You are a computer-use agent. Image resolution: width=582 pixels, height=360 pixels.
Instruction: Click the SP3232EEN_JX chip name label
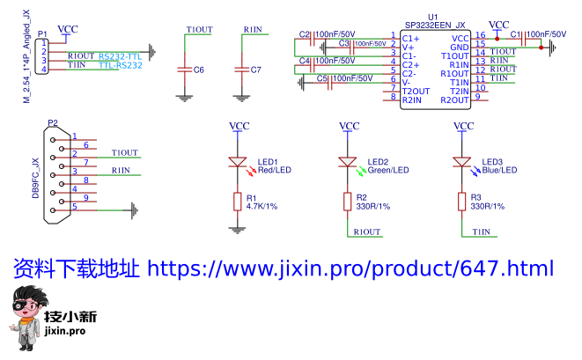click(434, 26)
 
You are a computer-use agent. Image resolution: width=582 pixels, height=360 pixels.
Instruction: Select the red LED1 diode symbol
click(236, 162)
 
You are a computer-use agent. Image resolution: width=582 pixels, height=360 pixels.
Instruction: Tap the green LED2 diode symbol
click(349, 162)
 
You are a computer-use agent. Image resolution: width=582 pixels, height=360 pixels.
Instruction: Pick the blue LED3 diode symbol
click(461, 162)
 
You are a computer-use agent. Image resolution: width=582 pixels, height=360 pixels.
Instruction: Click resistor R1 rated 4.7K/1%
click(236, 202)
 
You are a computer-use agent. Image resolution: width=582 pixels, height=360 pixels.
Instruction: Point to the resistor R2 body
click(349, 202)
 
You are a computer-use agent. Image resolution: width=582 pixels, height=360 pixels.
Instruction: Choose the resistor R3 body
click(461, 202)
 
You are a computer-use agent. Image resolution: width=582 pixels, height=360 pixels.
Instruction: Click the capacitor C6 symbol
click(184, 69)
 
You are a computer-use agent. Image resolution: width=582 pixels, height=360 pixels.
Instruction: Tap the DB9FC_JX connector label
click(36, 176)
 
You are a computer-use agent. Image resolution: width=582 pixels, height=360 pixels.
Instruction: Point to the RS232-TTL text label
click(120, 55)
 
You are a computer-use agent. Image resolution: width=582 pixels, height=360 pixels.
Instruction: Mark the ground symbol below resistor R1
click(236, 229)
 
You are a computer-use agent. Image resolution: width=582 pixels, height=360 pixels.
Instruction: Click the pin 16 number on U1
click(480, 35)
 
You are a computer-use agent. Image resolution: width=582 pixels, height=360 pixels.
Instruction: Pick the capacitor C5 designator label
click(322, 78)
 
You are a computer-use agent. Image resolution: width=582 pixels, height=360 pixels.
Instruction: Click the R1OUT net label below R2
click(366, 232)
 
